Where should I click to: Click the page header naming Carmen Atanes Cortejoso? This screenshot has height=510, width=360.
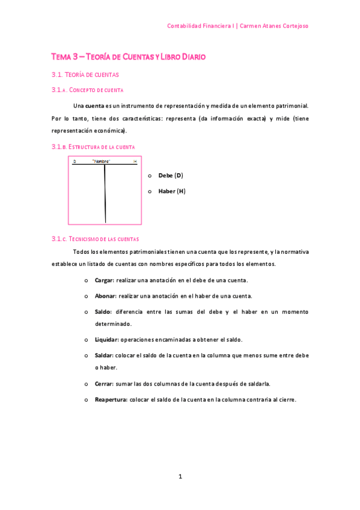237,26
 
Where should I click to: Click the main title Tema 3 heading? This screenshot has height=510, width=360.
128,57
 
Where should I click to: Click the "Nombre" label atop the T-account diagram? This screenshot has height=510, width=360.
101,162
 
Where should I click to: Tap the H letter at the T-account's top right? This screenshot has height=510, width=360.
135,162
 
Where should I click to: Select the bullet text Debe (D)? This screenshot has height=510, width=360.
170,176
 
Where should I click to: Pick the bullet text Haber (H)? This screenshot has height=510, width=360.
171,191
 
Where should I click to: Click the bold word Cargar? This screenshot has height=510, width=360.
105,280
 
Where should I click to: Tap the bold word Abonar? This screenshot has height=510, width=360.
105,296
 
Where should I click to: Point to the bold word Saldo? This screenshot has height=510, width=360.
103,312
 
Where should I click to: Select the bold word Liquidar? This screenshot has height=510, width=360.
106,340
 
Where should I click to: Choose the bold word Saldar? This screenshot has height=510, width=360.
105,355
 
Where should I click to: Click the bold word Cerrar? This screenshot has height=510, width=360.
104,384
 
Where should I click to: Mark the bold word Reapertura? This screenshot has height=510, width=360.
111,399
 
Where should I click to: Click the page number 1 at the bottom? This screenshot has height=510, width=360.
180,477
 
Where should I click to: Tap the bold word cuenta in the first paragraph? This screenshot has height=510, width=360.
95,106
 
